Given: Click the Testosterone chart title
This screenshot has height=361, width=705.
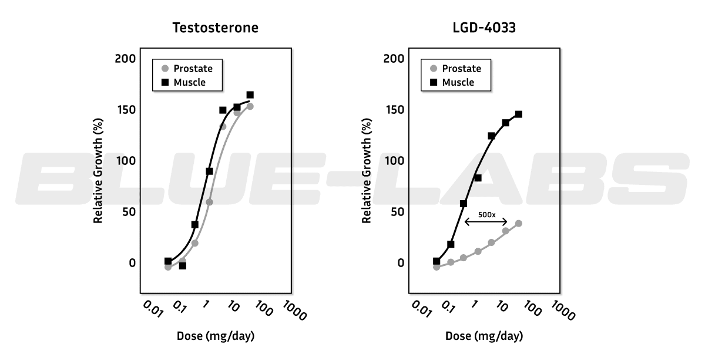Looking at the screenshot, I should [x=215, y=28].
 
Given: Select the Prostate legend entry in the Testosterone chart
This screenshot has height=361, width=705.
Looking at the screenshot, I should [x=187, y=69].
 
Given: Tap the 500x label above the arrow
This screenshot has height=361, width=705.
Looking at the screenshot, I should [x=487, y=215].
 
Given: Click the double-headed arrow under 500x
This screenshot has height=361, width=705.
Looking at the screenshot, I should [x=487, y=222].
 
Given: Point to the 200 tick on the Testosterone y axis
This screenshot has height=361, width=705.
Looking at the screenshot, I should [x=125, y=59].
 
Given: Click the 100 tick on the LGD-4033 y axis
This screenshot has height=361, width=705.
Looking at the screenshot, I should [x=394, y=161].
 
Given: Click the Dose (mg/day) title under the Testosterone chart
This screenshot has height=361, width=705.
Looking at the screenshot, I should [x=216, y=337].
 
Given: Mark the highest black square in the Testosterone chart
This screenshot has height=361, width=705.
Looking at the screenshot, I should [x=250, y=95].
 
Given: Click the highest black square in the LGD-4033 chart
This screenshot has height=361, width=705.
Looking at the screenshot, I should [x=518, y=114].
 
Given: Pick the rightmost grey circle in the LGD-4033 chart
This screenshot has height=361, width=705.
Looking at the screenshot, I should [x=518, y=223].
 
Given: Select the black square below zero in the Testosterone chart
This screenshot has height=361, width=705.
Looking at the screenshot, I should [x=183, y=266].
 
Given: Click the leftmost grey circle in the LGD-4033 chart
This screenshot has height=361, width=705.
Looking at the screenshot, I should [x=437, y=267].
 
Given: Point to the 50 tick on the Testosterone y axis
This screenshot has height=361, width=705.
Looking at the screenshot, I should [x=128, y=212].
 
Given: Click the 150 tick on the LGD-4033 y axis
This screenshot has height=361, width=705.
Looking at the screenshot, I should [x=394, y=110].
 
